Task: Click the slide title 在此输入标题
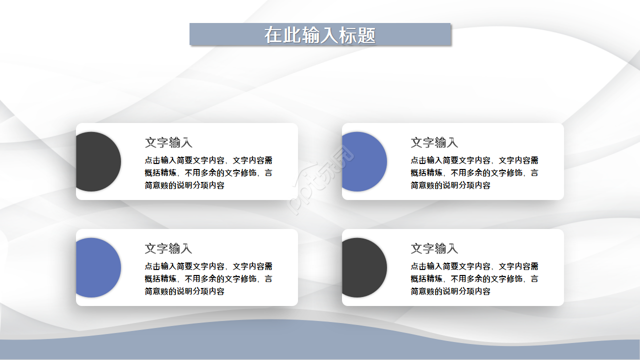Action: [320, 35]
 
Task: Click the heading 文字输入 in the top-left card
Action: [168, 142]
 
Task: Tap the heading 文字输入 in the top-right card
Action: [434, 142]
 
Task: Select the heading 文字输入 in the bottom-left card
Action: [168, 248]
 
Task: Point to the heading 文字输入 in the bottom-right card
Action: [434, 248]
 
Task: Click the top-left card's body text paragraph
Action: [208, 173]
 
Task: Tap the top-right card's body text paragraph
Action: [474, 173]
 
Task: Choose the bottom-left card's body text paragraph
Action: [208, 279]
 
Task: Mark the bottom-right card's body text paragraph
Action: [474, 279]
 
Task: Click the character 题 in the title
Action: [366, 35]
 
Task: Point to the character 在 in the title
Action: [273, 35]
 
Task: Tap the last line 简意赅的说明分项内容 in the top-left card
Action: [184, 185]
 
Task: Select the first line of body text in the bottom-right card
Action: [474, 266]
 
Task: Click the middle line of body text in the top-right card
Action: [474, 173]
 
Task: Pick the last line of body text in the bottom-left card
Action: [184, 291]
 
